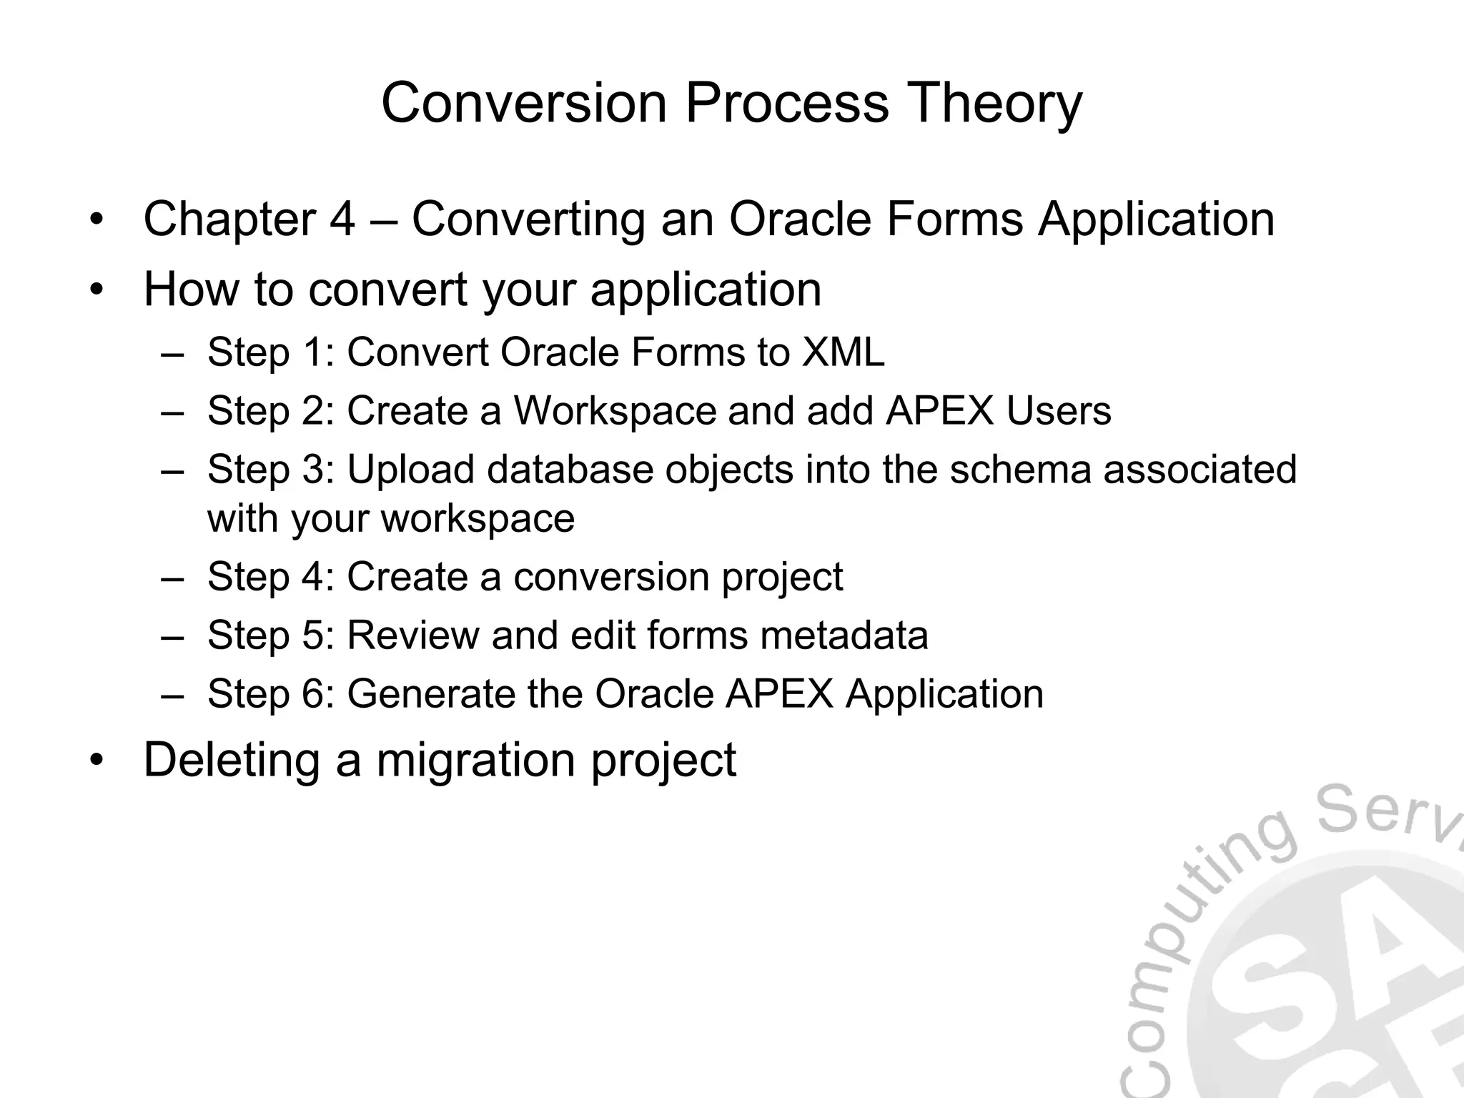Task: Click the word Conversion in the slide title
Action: (x=524, y=103)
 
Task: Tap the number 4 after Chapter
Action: (x=342, y=219)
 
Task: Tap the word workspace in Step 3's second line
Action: (x=478, y=518)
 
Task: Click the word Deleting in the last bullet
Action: (x=231, y=760)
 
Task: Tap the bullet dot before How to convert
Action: (x=97, y=291)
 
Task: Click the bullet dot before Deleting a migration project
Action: (x=97, y=761)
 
